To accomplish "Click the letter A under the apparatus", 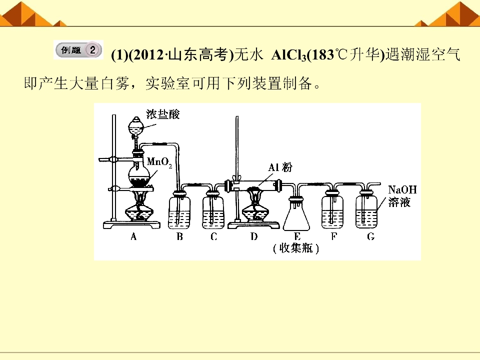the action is (x=133, y=236).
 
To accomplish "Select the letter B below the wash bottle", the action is (x=179, y=236).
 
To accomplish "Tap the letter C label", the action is (x=213, y=236).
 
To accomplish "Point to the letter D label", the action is (x=254, y=236).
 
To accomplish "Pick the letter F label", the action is (x=334, y=236).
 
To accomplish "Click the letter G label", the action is (x=370, y=236).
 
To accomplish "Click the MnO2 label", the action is (x=159, y=162).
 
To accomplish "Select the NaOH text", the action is (x=402, y=190).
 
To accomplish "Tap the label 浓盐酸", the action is (x=162, y=114).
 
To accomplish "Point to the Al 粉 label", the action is (x=280, y=167).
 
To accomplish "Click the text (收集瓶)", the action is (x=295, y=248).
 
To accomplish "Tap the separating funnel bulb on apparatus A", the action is (x=135, y=126).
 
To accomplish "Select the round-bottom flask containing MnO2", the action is (x=139, y=174).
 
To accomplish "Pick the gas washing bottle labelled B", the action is (x=179, y=210).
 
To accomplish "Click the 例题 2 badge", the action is (x=78, y=49).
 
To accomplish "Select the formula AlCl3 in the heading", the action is (x=288, y=55).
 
